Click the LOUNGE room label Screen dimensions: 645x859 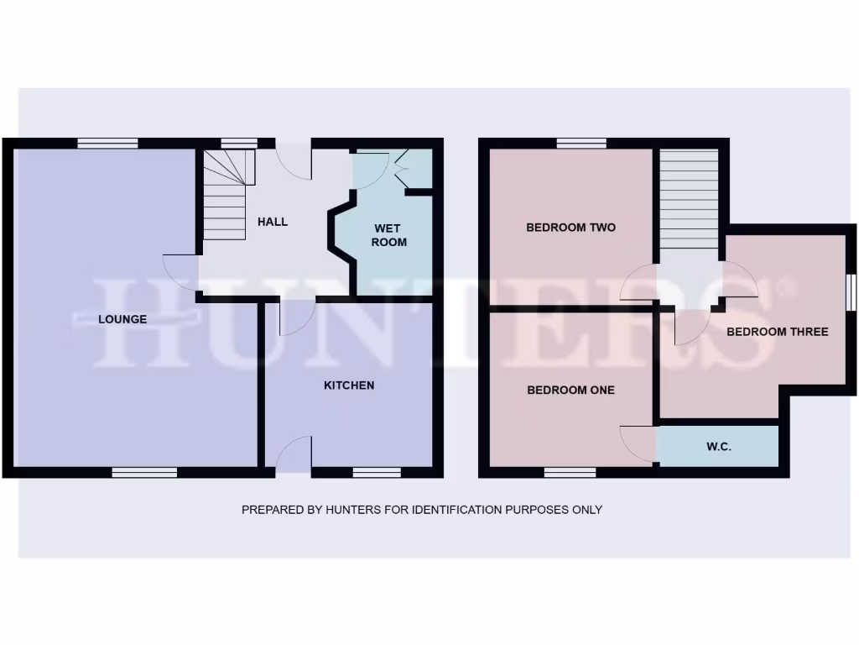click(x=122, y=319)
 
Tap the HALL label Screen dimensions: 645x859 click(x=273, y=222)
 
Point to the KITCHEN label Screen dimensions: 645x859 click(x=349, y=385)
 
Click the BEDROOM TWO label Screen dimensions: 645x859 click(x=570, y=228)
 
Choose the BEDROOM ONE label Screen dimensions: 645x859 click(x=570, y=390)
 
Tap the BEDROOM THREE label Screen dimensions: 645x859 click(x=777, y=332)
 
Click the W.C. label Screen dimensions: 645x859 click(x=719, y=447)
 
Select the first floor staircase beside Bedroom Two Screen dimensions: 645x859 click(x=689, y=199)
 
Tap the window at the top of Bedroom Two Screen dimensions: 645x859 click(x=580, y=144)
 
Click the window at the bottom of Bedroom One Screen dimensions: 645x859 click(x=570, y=472)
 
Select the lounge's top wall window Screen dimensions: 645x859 click(x=107, y=144)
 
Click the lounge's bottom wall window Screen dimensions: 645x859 click(x=144, y=472)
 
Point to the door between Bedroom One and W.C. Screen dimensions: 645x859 click(x=639, y=443)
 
